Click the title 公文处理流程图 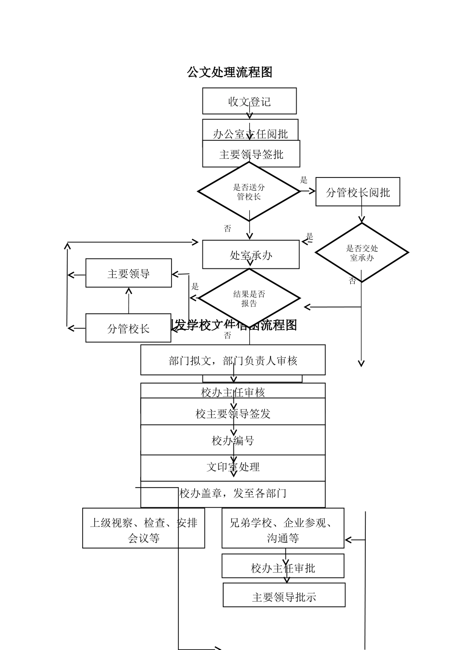click(x=230, y=72)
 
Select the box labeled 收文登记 click(x=249, y=101)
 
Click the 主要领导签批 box click(x=251, y=154)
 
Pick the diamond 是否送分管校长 click(x=249, y=192)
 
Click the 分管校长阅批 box click(x=358, y=192)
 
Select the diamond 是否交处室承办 click(x=362, y=252)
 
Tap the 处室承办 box click(x=250, y=254)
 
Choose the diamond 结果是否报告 click(x=249, y=298)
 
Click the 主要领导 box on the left click(x=129, y=273)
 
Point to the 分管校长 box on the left click(x=129, y=328)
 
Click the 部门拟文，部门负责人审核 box click(x=233, y=360)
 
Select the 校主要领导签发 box click(x=233, y=413)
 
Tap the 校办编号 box click(x=233, y=440)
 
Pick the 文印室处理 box click(x=233, y=467)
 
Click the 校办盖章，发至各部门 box click(x=233, y=493)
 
